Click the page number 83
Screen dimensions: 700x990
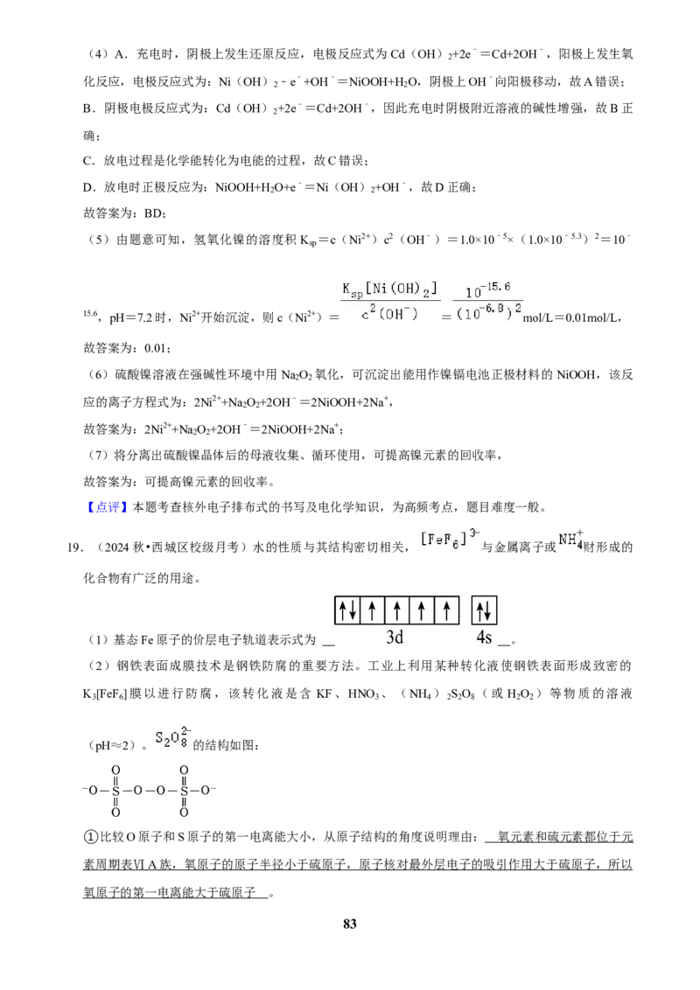click(350, 924)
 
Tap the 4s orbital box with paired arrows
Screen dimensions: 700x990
click(485, 610)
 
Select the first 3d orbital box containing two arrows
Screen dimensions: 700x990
click(346, 610)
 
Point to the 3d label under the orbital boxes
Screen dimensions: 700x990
click(395, 638)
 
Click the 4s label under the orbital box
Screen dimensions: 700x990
click(484, 638)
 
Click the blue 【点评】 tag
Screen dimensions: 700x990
click(106, 507)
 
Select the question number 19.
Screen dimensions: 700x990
click(74, 547)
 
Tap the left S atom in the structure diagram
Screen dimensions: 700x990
click(115, 791)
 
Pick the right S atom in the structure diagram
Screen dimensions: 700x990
click(184, 791)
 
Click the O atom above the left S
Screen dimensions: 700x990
click(115, 770)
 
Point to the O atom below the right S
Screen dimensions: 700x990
click(184, 812)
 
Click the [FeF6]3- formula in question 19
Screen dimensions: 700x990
click(450, 539)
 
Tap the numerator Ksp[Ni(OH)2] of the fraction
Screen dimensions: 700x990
click(389, 289)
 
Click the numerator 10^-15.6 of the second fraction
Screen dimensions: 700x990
click(487, 290)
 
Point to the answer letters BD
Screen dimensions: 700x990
click(153, 213)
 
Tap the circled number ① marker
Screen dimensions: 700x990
click(91, 837)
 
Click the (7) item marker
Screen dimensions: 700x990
click(99, 456)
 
